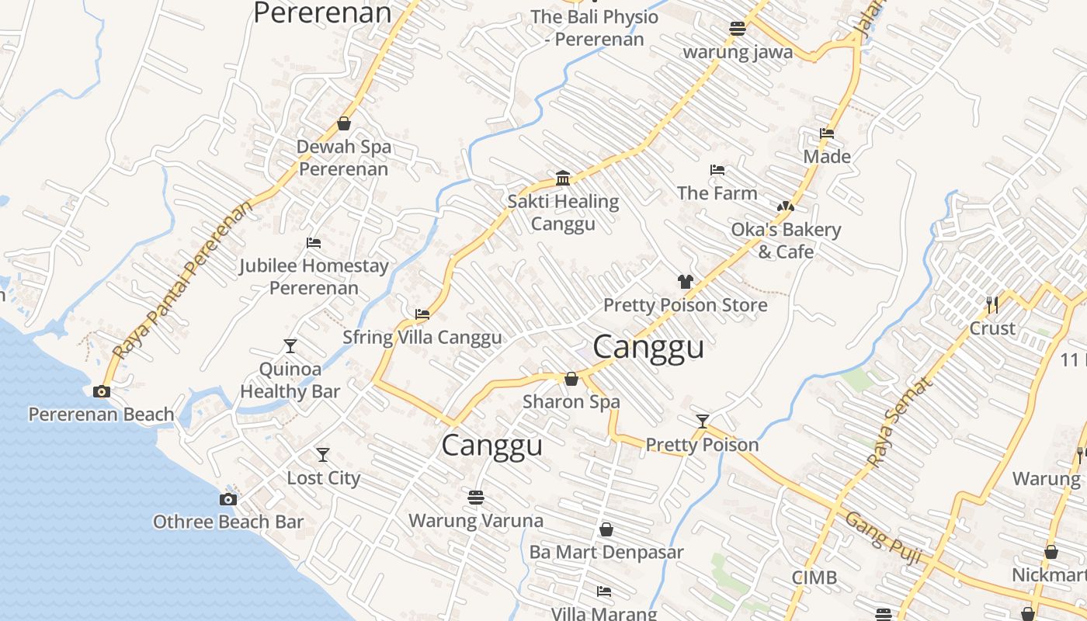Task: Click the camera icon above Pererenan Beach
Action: pyautogui.click(x=102, y=391)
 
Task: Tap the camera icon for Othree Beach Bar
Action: pyautogui.click(x=227, y=499)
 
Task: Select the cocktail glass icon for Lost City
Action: pyautogui.click(x=323, y=455)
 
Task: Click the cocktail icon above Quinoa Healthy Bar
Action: pyautogui.click(x=290, y=346)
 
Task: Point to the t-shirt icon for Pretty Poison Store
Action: pyautogui.click(x=685, y=282)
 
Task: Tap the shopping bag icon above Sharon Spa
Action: pyautogui.click(x=571, y=379)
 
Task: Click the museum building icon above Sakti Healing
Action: pyautogui.click(x=563, y=179)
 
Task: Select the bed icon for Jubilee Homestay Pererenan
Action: pyautogui.click(x=314, y=243)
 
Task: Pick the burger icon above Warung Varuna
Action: pyautogui.click(x=476, y=497)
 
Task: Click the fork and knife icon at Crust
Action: pyautogui.click(x=992, y=304)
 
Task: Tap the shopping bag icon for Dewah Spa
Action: pyautogui.click(x=344, y=123)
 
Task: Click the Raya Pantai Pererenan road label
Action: pyautogui.click(x=183, y=279)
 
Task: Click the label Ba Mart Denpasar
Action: pyautogui.click(x=606, y=552)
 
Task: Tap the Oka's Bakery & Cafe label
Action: pyautogui.click(x=786, y=241)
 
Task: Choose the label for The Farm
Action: pyautogui.click(x=717, y=193)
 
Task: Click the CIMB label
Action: pyautogui.click(x=814, y=578)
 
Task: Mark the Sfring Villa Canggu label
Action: pyautogui.click(x=422, y=338)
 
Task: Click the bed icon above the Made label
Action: pyautogui.click(x=827, y=134)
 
